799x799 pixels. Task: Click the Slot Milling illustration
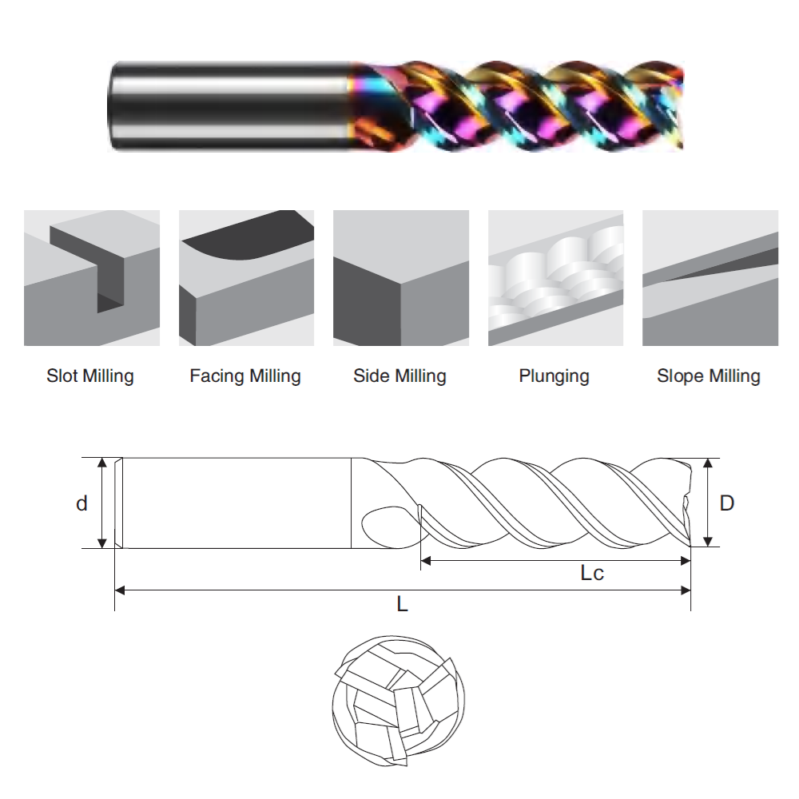coord(92,278)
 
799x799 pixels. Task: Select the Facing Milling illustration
coord(246,278)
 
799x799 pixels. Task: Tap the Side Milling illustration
coord(400,278)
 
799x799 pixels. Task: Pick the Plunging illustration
coord(555,278)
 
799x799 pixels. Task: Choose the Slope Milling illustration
coord(710,278)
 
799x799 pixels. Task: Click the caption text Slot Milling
coord(90,376)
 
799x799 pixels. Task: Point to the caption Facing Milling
coord(245,376)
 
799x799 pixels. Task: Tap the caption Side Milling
coord(399,376)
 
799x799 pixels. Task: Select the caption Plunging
coord(554,376)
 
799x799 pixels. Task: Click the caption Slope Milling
coord(709,376)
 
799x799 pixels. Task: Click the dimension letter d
coord(81,503)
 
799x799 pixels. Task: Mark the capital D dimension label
coord(726,503)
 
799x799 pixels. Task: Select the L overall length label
coord(403,604)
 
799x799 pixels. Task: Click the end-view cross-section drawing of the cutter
coord(397,700)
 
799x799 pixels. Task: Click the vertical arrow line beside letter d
coord(102,503)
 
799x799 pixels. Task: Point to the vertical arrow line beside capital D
coord(708,503)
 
